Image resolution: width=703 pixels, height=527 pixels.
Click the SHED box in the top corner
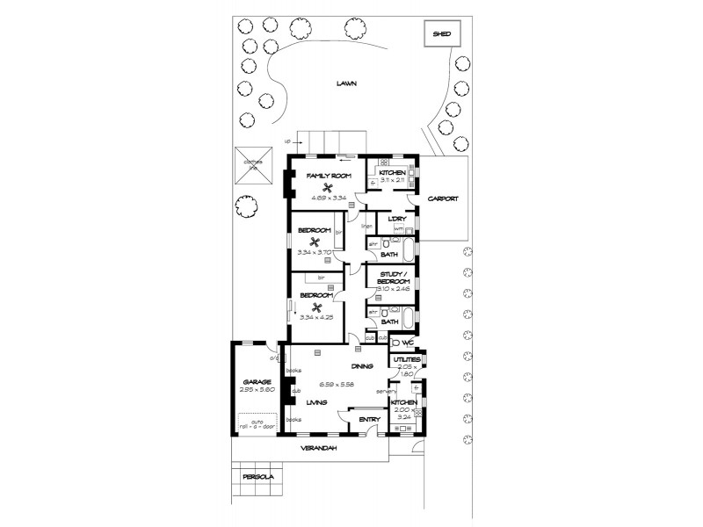[441, 33]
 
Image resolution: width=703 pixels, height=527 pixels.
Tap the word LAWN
[349, 83]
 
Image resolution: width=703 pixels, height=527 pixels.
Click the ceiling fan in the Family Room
[328, 187]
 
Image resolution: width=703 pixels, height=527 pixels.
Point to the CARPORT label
[443, 199]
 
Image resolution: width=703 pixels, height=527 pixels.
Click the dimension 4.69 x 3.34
[328, 199]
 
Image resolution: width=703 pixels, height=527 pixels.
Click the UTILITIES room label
[406, 360]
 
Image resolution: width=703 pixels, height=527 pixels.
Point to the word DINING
[362, 366]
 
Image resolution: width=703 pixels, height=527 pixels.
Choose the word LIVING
[316, 402]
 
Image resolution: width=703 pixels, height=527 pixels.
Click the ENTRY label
[369, 420]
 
